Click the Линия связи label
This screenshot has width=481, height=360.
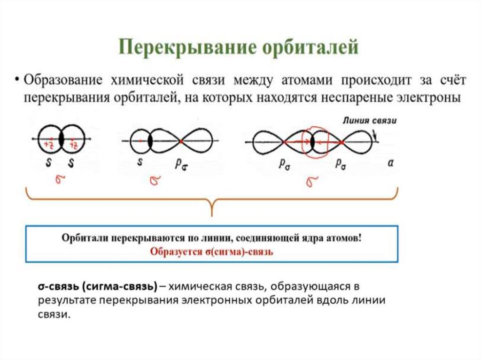tap(369, 121)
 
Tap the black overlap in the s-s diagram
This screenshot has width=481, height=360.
tap(62, 139)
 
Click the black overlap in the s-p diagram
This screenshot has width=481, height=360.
tap(150, 140)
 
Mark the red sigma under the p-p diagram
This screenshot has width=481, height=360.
tap(311, 181)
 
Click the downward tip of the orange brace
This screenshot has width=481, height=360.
tap(212, 214)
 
